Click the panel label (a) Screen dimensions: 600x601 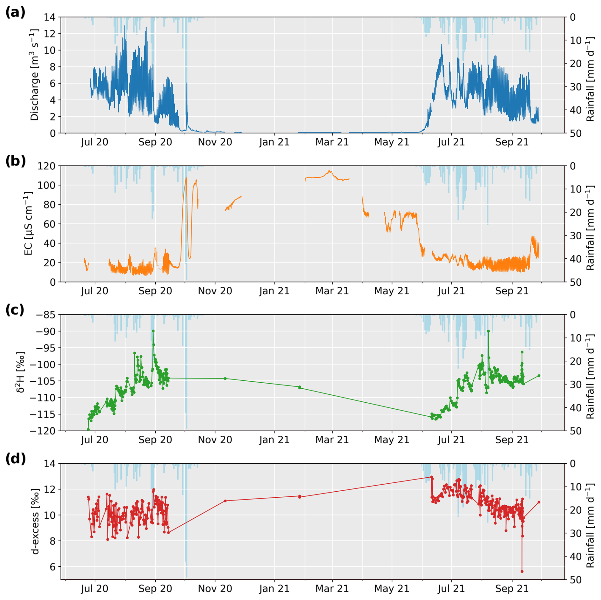[15, 12]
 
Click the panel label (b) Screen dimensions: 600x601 [15, 161]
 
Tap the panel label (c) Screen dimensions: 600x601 [15, 310]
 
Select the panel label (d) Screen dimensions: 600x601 [15, 459]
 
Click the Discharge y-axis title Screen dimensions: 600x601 [34, 75]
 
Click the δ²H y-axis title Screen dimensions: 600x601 [21, 372]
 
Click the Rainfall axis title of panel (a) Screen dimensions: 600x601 [590, 79]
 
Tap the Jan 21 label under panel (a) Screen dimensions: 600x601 [274, 142]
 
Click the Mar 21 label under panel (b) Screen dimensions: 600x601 [332, 291]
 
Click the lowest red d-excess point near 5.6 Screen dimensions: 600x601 [522, 571]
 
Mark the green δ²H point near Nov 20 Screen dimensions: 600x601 [225, 378]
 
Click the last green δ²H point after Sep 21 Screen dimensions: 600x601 [539, 376]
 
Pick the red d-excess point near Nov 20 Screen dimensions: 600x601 [225, 501]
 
